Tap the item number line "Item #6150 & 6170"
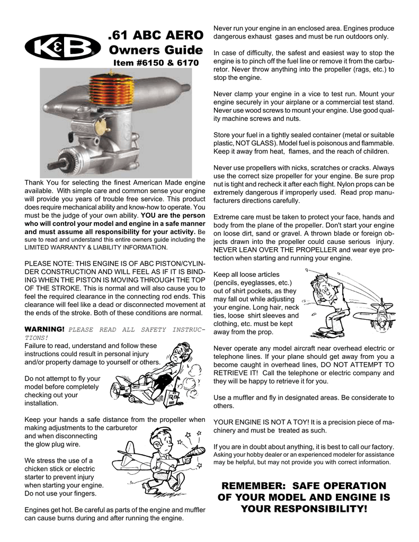(x=156, y=63)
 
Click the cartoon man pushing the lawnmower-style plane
(x=177, y=365)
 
